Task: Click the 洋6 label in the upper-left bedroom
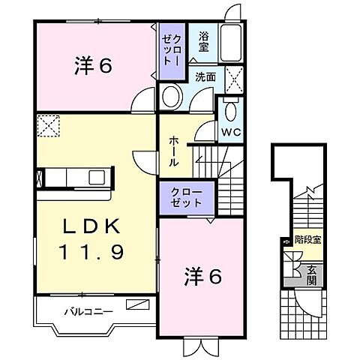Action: tap(93, 66)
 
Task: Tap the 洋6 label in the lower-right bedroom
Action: tap(202, 277)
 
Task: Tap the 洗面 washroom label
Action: tap(205, 77)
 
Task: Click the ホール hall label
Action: tap(174, 151)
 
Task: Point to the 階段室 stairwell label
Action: tap(308, 240)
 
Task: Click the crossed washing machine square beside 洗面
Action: tap(234, 79)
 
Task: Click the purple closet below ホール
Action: tap(185, 198)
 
